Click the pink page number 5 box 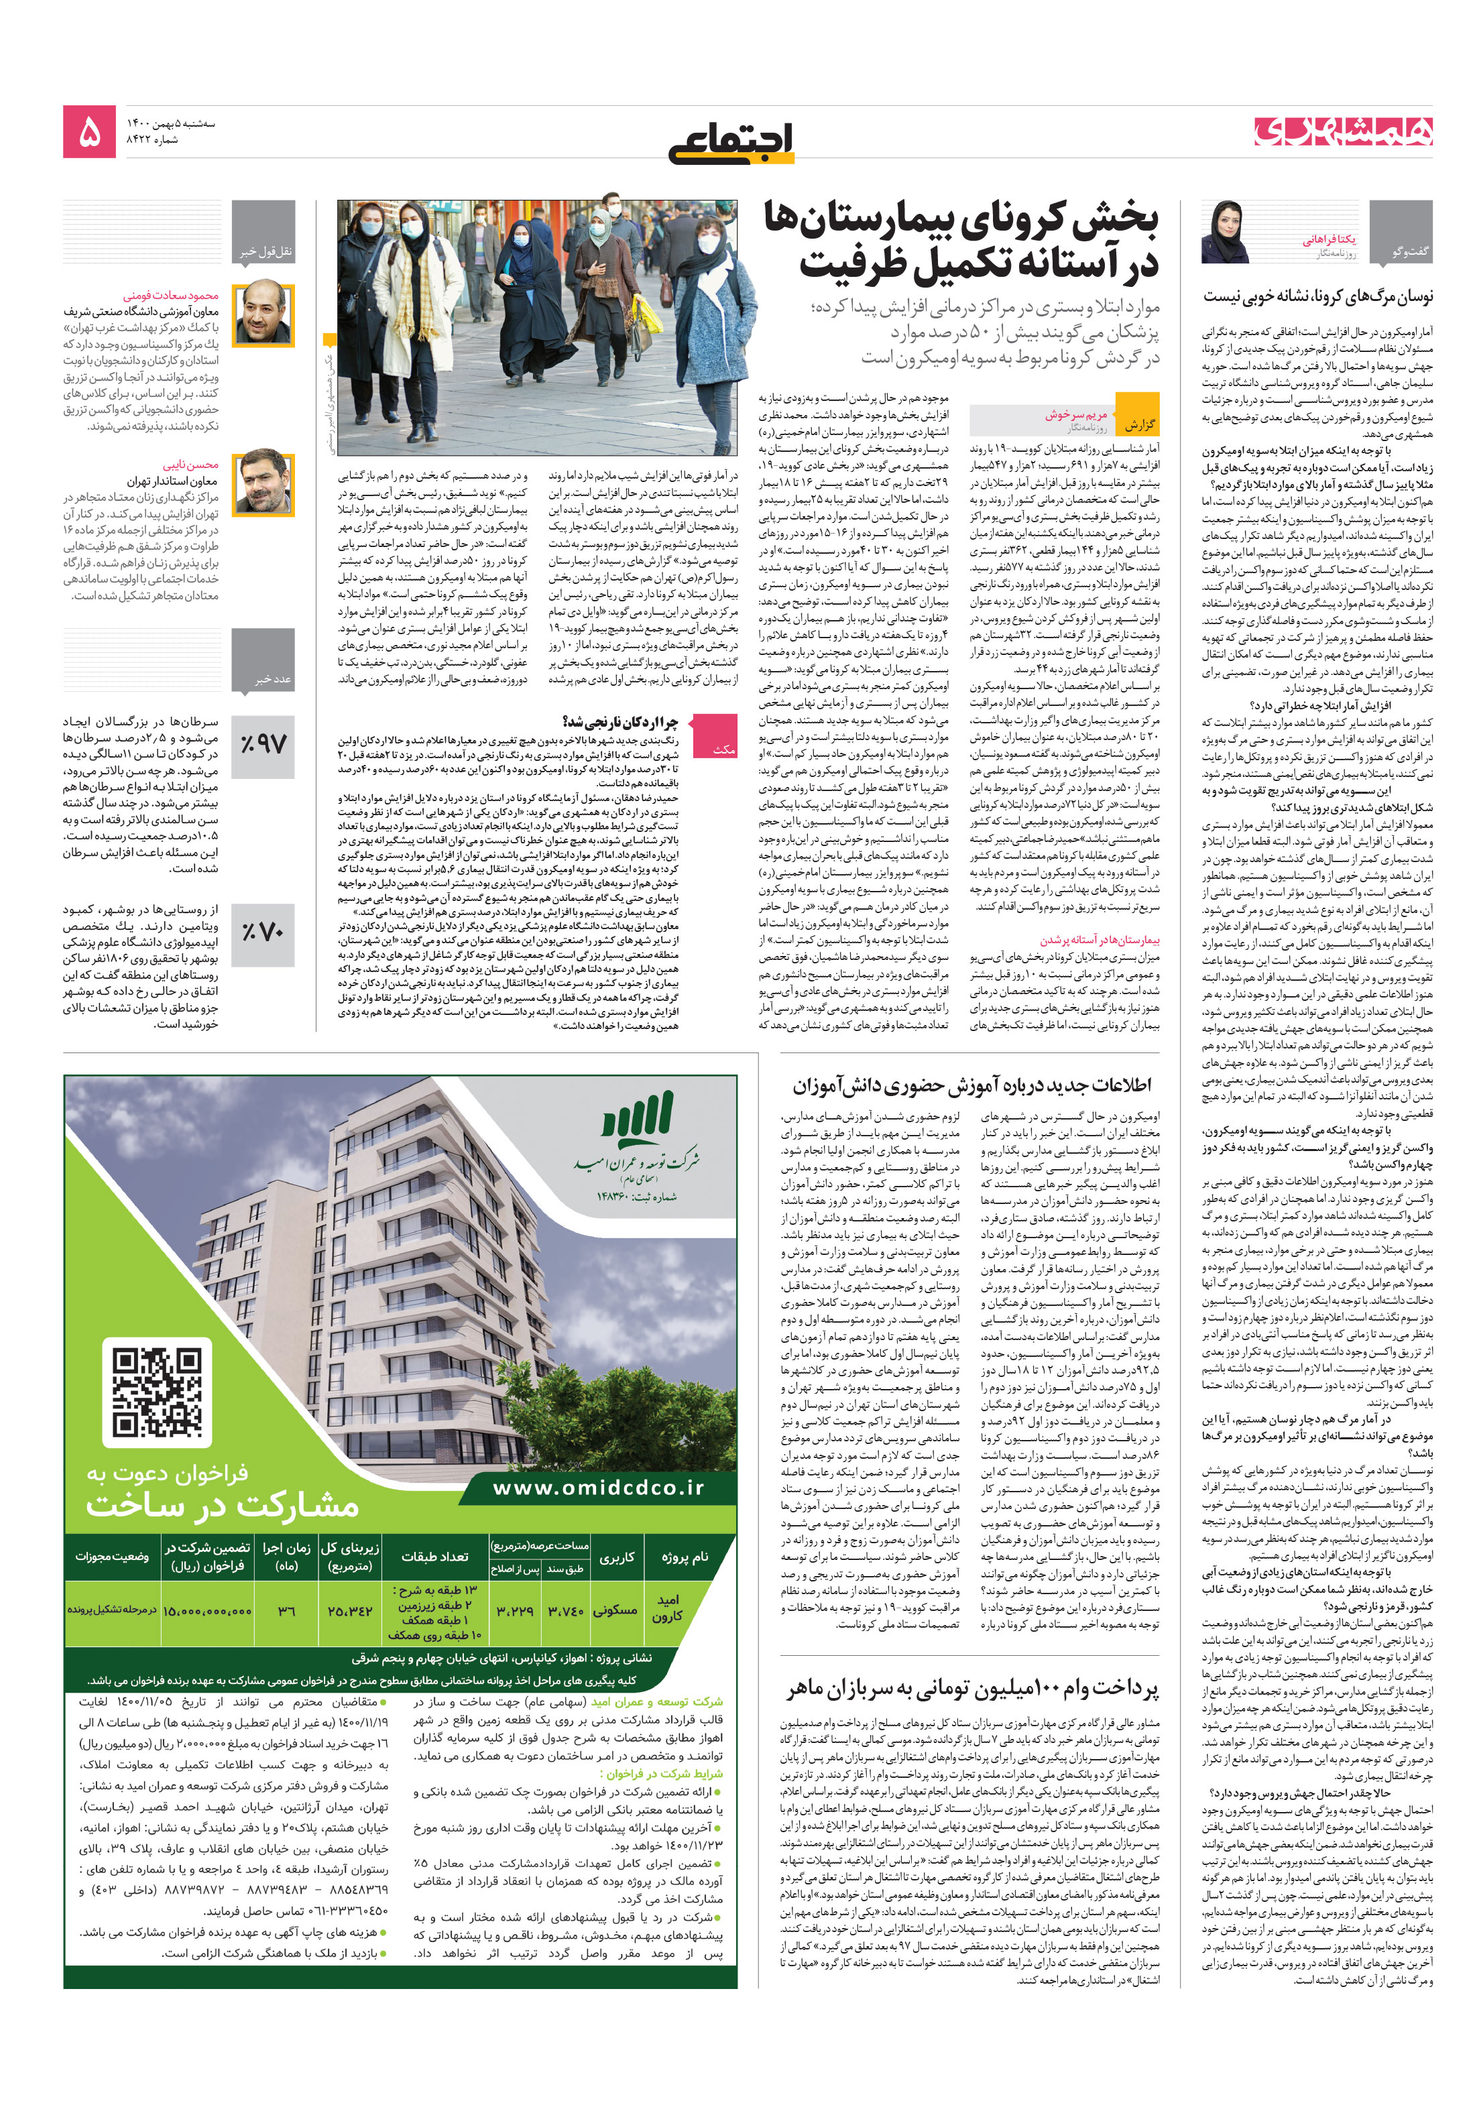point(89,131)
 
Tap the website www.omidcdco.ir point(597,1487)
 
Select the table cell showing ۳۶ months point(286,1610)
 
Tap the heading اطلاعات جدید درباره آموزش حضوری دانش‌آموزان point(971,1085)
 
